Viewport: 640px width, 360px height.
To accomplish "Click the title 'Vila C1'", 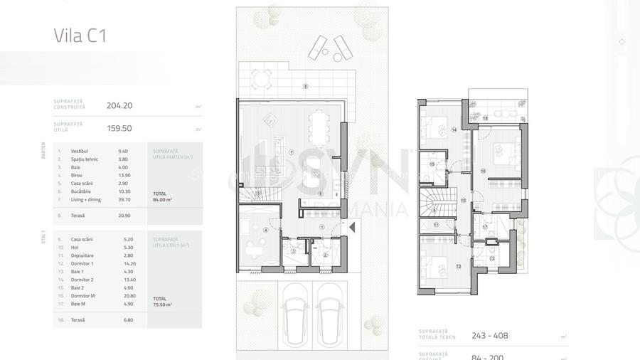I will [80, 36].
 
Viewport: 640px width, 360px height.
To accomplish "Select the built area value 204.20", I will [119, 105].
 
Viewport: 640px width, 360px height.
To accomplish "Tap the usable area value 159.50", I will [119, 129].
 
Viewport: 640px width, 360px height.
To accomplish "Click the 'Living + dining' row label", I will [85, 200].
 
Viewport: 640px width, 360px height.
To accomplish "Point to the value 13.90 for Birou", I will [123, 175].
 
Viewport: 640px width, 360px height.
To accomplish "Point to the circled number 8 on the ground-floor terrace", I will [305, 87].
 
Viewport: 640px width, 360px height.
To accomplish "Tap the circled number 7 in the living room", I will [292, 152].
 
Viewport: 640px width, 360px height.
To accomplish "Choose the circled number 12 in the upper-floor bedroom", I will [458, 266].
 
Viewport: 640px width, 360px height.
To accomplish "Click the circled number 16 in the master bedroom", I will [483, 171].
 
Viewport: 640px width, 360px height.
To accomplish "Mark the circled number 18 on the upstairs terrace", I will [485, 118].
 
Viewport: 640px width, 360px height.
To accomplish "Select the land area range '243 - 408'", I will [490, 336].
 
